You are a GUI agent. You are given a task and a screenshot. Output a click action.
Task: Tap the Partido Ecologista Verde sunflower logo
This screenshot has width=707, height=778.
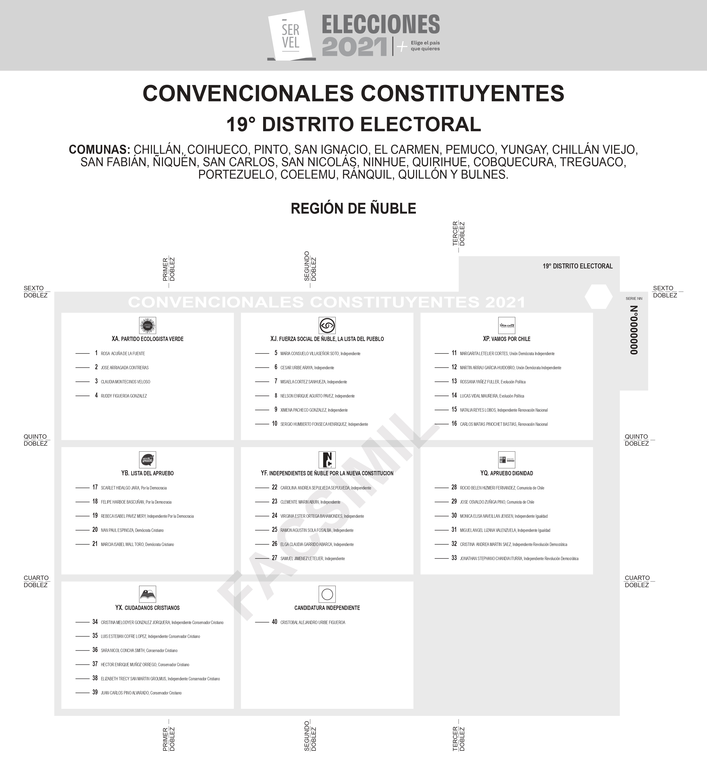point(147,325)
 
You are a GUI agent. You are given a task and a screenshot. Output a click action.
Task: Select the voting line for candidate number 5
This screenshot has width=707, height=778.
point(262,353)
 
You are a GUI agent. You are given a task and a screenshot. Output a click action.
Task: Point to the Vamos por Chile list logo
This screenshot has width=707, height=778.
point(507,325)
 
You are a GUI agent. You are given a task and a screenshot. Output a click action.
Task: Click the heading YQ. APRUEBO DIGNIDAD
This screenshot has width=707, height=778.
point(506,473)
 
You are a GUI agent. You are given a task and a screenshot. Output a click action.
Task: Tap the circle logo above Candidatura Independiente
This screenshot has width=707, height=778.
point(327,594)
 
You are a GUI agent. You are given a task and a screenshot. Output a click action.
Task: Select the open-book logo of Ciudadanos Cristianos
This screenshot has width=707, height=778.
point(147,594)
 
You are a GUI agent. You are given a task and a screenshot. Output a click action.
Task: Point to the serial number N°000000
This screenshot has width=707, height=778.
point(634,330)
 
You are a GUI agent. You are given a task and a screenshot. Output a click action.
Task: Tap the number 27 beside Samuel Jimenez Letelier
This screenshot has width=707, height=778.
point(274,558)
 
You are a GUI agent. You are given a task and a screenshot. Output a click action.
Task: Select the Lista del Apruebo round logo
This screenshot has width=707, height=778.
point(147,460)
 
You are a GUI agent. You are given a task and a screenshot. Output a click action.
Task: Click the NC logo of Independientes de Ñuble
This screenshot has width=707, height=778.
point(327,460)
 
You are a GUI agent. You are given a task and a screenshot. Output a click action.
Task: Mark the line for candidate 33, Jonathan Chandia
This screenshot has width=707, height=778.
point(441,558)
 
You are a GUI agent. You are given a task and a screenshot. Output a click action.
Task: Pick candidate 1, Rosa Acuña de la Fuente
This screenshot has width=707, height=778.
point(123,353)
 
